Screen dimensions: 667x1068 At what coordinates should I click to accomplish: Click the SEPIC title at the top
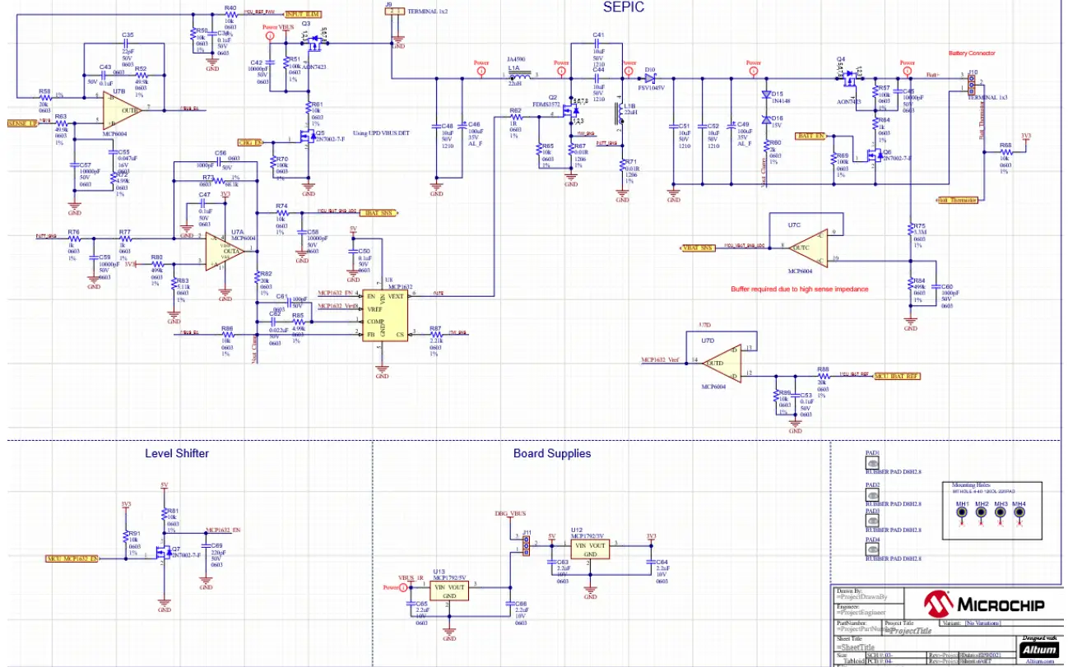point(623,7)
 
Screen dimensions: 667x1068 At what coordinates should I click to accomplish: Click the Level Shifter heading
point(176,453)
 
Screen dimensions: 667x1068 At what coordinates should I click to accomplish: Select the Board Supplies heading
point(551,453)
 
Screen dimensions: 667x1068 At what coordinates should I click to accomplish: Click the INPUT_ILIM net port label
point(303,15)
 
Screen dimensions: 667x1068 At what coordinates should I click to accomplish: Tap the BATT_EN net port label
point(810,136)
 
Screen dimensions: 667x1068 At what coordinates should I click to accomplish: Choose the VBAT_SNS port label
point(698,248)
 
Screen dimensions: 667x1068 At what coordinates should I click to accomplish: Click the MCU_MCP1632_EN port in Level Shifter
point(72,558)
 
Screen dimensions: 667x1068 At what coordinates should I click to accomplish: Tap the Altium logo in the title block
point(1039,649)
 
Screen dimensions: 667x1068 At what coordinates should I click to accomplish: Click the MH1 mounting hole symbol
point(961,513)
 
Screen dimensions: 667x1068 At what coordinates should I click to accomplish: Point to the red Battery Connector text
point(972,53)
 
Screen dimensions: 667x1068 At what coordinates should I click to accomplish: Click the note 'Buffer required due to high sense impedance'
point(799,289)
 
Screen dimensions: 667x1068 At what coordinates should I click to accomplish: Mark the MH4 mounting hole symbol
point(1019,513)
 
